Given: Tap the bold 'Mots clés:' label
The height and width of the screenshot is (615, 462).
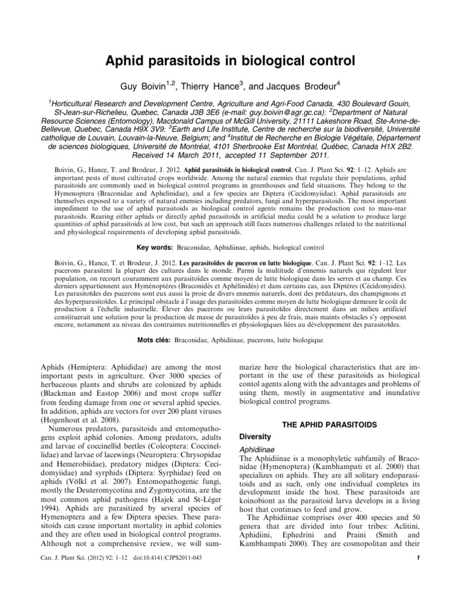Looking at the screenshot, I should pyautogui.click(x=153, y=340).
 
